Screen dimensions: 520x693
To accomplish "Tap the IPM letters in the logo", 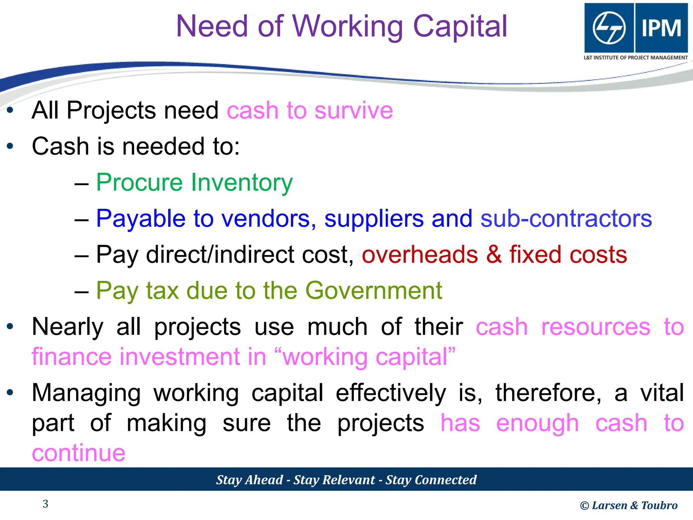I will point(661,28).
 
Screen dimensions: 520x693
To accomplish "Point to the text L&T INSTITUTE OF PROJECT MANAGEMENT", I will point(635,58).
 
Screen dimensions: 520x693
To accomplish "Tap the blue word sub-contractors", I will point(566,219).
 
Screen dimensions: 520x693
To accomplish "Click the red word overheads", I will point(420,255).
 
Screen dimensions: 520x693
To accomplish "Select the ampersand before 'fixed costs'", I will point(494,255).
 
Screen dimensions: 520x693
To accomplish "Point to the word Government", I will point(374,290).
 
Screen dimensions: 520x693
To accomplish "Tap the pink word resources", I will point(596,327).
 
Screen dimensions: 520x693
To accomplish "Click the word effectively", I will point(391,393).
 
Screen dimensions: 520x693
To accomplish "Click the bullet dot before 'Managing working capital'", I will point(10,393).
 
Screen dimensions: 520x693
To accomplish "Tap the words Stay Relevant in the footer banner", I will point(334,480).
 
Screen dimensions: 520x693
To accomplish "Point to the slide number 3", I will point(45,504).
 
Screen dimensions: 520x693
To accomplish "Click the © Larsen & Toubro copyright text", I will point(629,505).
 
